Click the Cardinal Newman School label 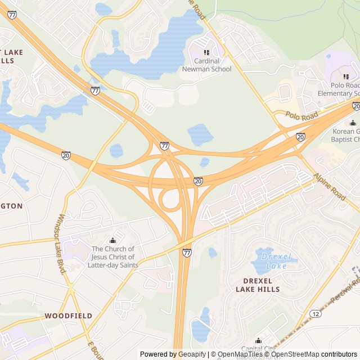point(206,65)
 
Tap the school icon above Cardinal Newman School point(206,52)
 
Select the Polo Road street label point(301,115)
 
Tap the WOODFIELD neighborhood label point(69,316)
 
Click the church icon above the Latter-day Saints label point(112,241)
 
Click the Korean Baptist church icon point(353,123)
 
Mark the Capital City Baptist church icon point(258,340)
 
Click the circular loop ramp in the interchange point(169,200)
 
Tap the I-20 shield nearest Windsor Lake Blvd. point(66,155)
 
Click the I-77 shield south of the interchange point(187,253)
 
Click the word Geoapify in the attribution point(192,354)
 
